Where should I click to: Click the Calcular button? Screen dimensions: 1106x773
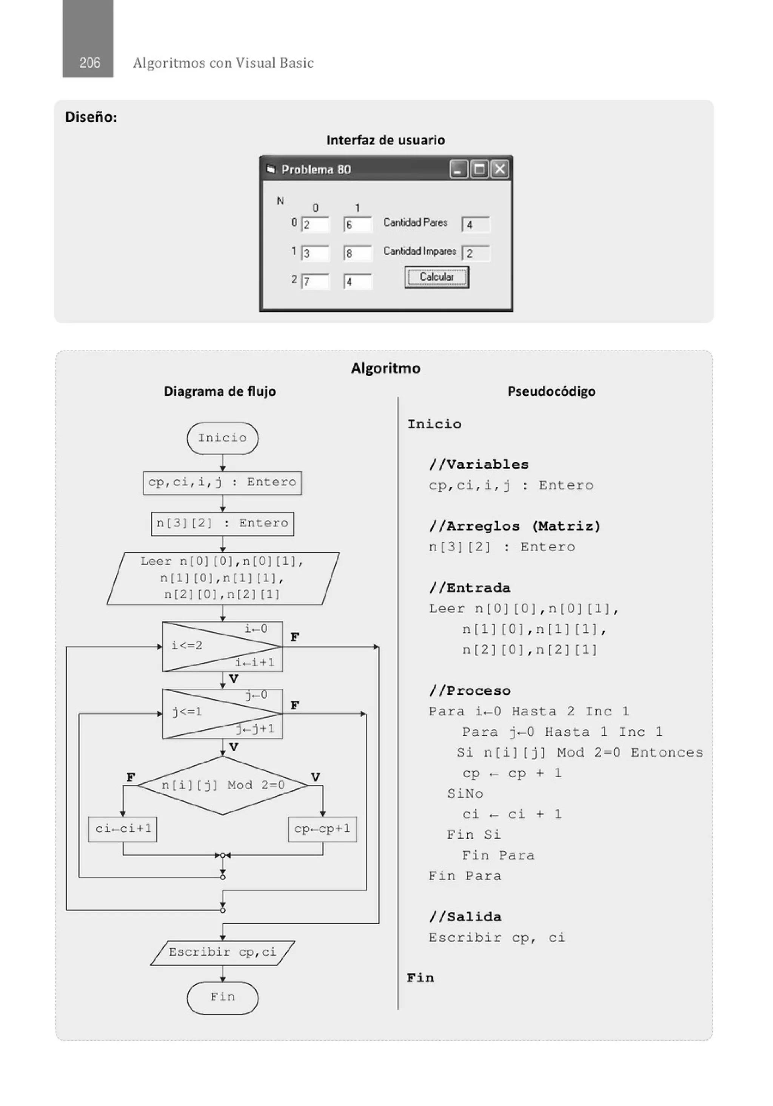tap(436, 277)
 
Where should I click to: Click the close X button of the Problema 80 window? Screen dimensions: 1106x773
tap(500, 169)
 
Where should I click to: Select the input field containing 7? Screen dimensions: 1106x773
tap(315, 281)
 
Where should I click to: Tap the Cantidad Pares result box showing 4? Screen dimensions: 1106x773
tap(476, 225)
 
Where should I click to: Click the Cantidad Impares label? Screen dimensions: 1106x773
tap(419, 251)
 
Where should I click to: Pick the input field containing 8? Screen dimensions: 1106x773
tap(357, 253)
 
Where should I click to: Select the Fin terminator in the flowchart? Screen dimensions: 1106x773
tap(222, 997)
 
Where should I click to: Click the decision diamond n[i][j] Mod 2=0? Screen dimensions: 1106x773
tap(223, 786)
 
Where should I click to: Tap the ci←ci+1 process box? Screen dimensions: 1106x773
tap(123, 829)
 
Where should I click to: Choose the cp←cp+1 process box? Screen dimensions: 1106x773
tap(322, 829)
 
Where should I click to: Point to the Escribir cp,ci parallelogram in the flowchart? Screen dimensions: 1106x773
tap(222, 952)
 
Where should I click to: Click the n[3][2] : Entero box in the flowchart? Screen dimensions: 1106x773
tap(222, 523)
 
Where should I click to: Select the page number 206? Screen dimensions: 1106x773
tap(89, 63)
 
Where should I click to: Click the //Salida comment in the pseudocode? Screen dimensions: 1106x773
tap(465, 917)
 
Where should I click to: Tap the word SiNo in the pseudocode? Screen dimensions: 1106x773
tap(465, 794)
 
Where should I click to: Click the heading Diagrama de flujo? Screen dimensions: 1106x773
tap(220, 391)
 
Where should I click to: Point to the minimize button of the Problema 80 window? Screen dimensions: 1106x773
tap(458, 169)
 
